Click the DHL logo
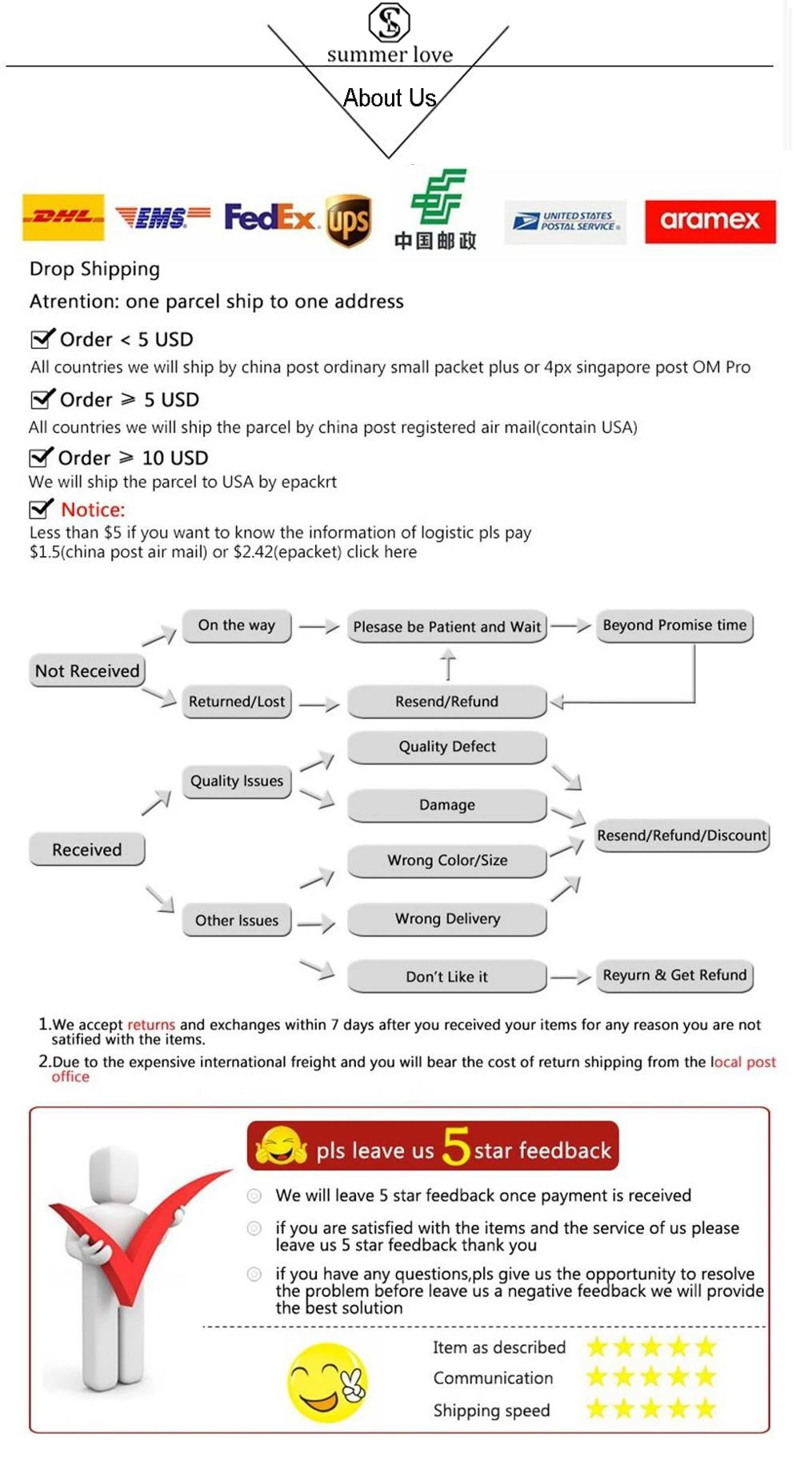[x=63, y=217]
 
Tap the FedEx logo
[x=270, y=217]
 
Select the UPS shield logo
[x=349, y=221]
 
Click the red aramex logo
[x=710, y=221]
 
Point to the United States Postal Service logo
[x=566, y=221]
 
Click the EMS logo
[x=162, y=217]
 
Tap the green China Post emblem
[x=438, y=196]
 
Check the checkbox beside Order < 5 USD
[x=42, y=338]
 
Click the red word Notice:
[x=93, y=510]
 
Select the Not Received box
[x=87, y=670]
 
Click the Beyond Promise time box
[x=674, y=625]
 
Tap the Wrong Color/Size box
[x=447, y=860]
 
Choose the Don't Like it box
[x=447, y=976]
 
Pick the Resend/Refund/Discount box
[x=682, y=835]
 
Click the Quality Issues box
[x=237, y=781]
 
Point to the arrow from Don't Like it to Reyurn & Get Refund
[x=570, y=977]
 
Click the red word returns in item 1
[x=150, y=1024]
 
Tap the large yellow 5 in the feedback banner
[x=456, y=1146]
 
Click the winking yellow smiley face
[x=327, y=1382]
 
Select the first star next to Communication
[x=597, y=1377]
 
